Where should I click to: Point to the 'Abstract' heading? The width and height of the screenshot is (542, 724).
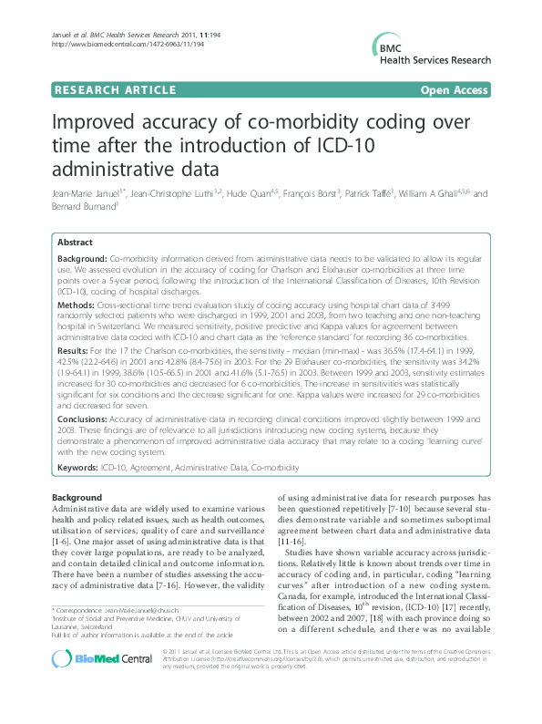(75, 243)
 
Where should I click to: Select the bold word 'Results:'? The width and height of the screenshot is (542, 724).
(77, 349)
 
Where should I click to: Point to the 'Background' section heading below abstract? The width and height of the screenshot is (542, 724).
(77, 496)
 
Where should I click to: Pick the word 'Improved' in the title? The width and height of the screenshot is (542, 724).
(98, 123)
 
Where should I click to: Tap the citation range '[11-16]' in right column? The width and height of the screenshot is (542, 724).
(292, 541)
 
